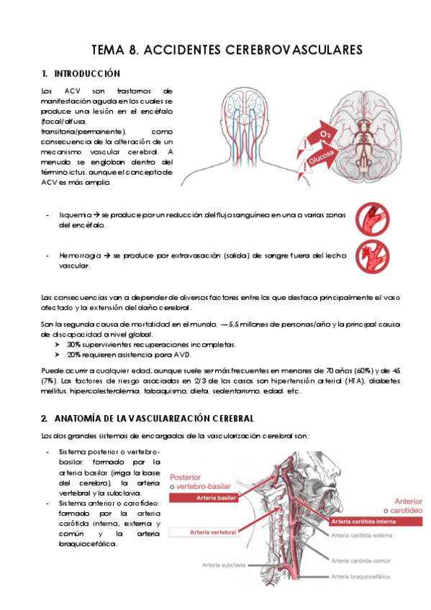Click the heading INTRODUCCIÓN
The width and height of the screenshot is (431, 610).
click(x=87, y=74)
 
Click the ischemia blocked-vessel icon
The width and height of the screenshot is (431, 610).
click(x=372, y=219)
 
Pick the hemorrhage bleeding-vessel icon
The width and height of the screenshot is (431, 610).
click(x=372, y=256)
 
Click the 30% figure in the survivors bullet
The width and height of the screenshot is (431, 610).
click(x=73, y=345)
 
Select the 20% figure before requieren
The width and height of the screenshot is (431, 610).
click(x=73, y=355)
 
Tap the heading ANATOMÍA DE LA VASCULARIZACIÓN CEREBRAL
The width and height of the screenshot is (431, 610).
click(x=154, y=419)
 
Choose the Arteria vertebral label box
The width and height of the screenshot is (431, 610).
click(x=203, y=532)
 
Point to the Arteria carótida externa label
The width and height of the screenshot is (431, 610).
click(x=362, y=536)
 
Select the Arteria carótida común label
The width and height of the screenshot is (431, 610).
click(x=361, y=560)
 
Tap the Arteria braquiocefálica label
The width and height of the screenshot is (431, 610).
click(x=360, y=576)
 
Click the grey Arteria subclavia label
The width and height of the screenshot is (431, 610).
click(x=224, y=565)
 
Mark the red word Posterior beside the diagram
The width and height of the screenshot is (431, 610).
click(x=185, y=478)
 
